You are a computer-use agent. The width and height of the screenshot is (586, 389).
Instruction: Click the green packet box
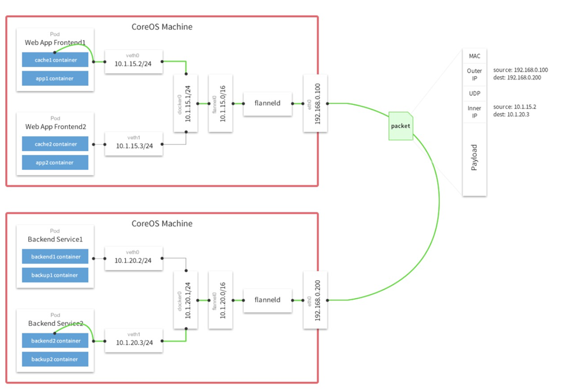[x=401, y=126]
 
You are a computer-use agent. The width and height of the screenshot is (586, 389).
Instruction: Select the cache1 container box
[x=55, y=60]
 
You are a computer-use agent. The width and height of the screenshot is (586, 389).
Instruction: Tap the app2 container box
[x=55, y=162]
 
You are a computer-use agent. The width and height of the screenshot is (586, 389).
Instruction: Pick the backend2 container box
[x=55, y=341]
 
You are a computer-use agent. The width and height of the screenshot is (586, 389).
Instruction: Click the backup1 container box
[x=55, y=275]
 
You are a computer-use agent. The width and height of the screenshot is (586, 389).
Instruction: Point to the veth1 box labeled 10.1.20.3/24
[x=134, y=340]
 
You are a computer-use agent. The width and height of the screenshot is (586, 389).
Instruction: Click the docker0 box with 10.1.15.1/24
[x=187, y=103]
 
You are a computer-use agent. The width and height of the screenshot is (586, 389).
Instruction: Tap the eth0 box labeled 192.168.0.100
[x=315, y=103]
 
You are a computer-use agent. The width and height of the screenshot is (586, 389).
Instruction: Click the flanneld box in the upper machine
[x=268, y=104]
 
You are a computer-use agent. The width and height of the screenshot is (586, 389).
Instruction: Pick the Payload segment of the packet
[x=474, y=158]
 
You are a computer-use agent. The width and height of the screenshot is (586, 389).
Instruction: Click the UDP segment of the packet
[x=474, y=93]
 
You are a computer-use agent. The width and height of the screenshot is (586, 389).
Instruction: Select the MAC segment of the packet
[x=474, y=56]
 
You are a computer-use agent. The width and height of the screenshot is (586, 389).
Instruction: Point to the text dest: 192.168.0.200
[x=517, y=78]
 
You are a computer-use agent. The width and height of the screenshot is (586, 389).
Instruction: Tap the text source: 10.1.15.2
[x=514, y=107]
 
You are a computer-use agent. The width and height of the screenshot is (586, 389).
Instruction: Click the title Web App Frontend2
[x=55, y=127]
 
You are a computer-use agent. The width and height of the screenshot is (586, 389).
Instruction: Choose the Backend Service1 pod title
[x=55, y=239]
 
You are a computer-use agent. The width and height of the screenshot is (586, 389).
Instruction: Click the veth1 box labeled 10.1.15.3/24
[x=134, y=144]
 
